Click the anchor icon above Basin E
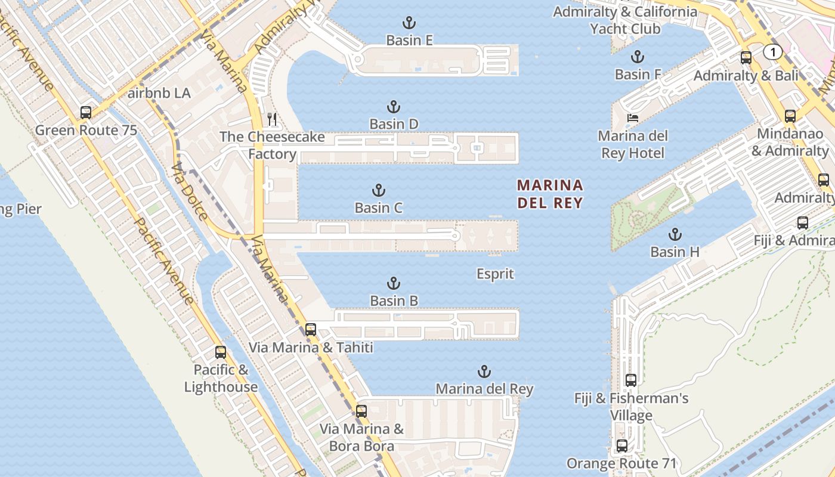(x=409, y=23)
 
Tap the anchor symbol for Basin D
(x=394, y=107)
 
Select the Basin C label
(x=379, y=208)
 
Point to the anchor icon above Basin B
(x=394, y=283)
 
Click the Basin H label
(x=675, y=252)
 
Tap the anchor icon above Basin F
(x=638, y=57)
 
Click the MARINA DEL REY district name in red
(x=550, y=194)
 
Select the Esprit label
(x=495, y=274)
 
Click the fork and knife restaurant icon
(x=272, y=119)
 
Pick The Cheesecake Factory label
(x=272, y=145)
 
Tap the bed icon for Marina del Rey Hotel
(x=632, y=118)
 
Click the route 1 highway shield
(x=772, y=52)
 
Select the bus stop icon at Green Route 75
(x=86, y=112)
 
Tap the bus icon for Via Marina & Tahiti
(x=311, y=329)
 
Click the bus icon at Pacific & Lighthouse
(x=221, y=352)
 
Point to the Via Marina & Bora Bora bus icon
(x=361, y=411)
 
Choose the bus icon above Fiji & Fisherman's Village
(x=631, y=380)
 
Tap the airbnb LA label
(x=159, y=93)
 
